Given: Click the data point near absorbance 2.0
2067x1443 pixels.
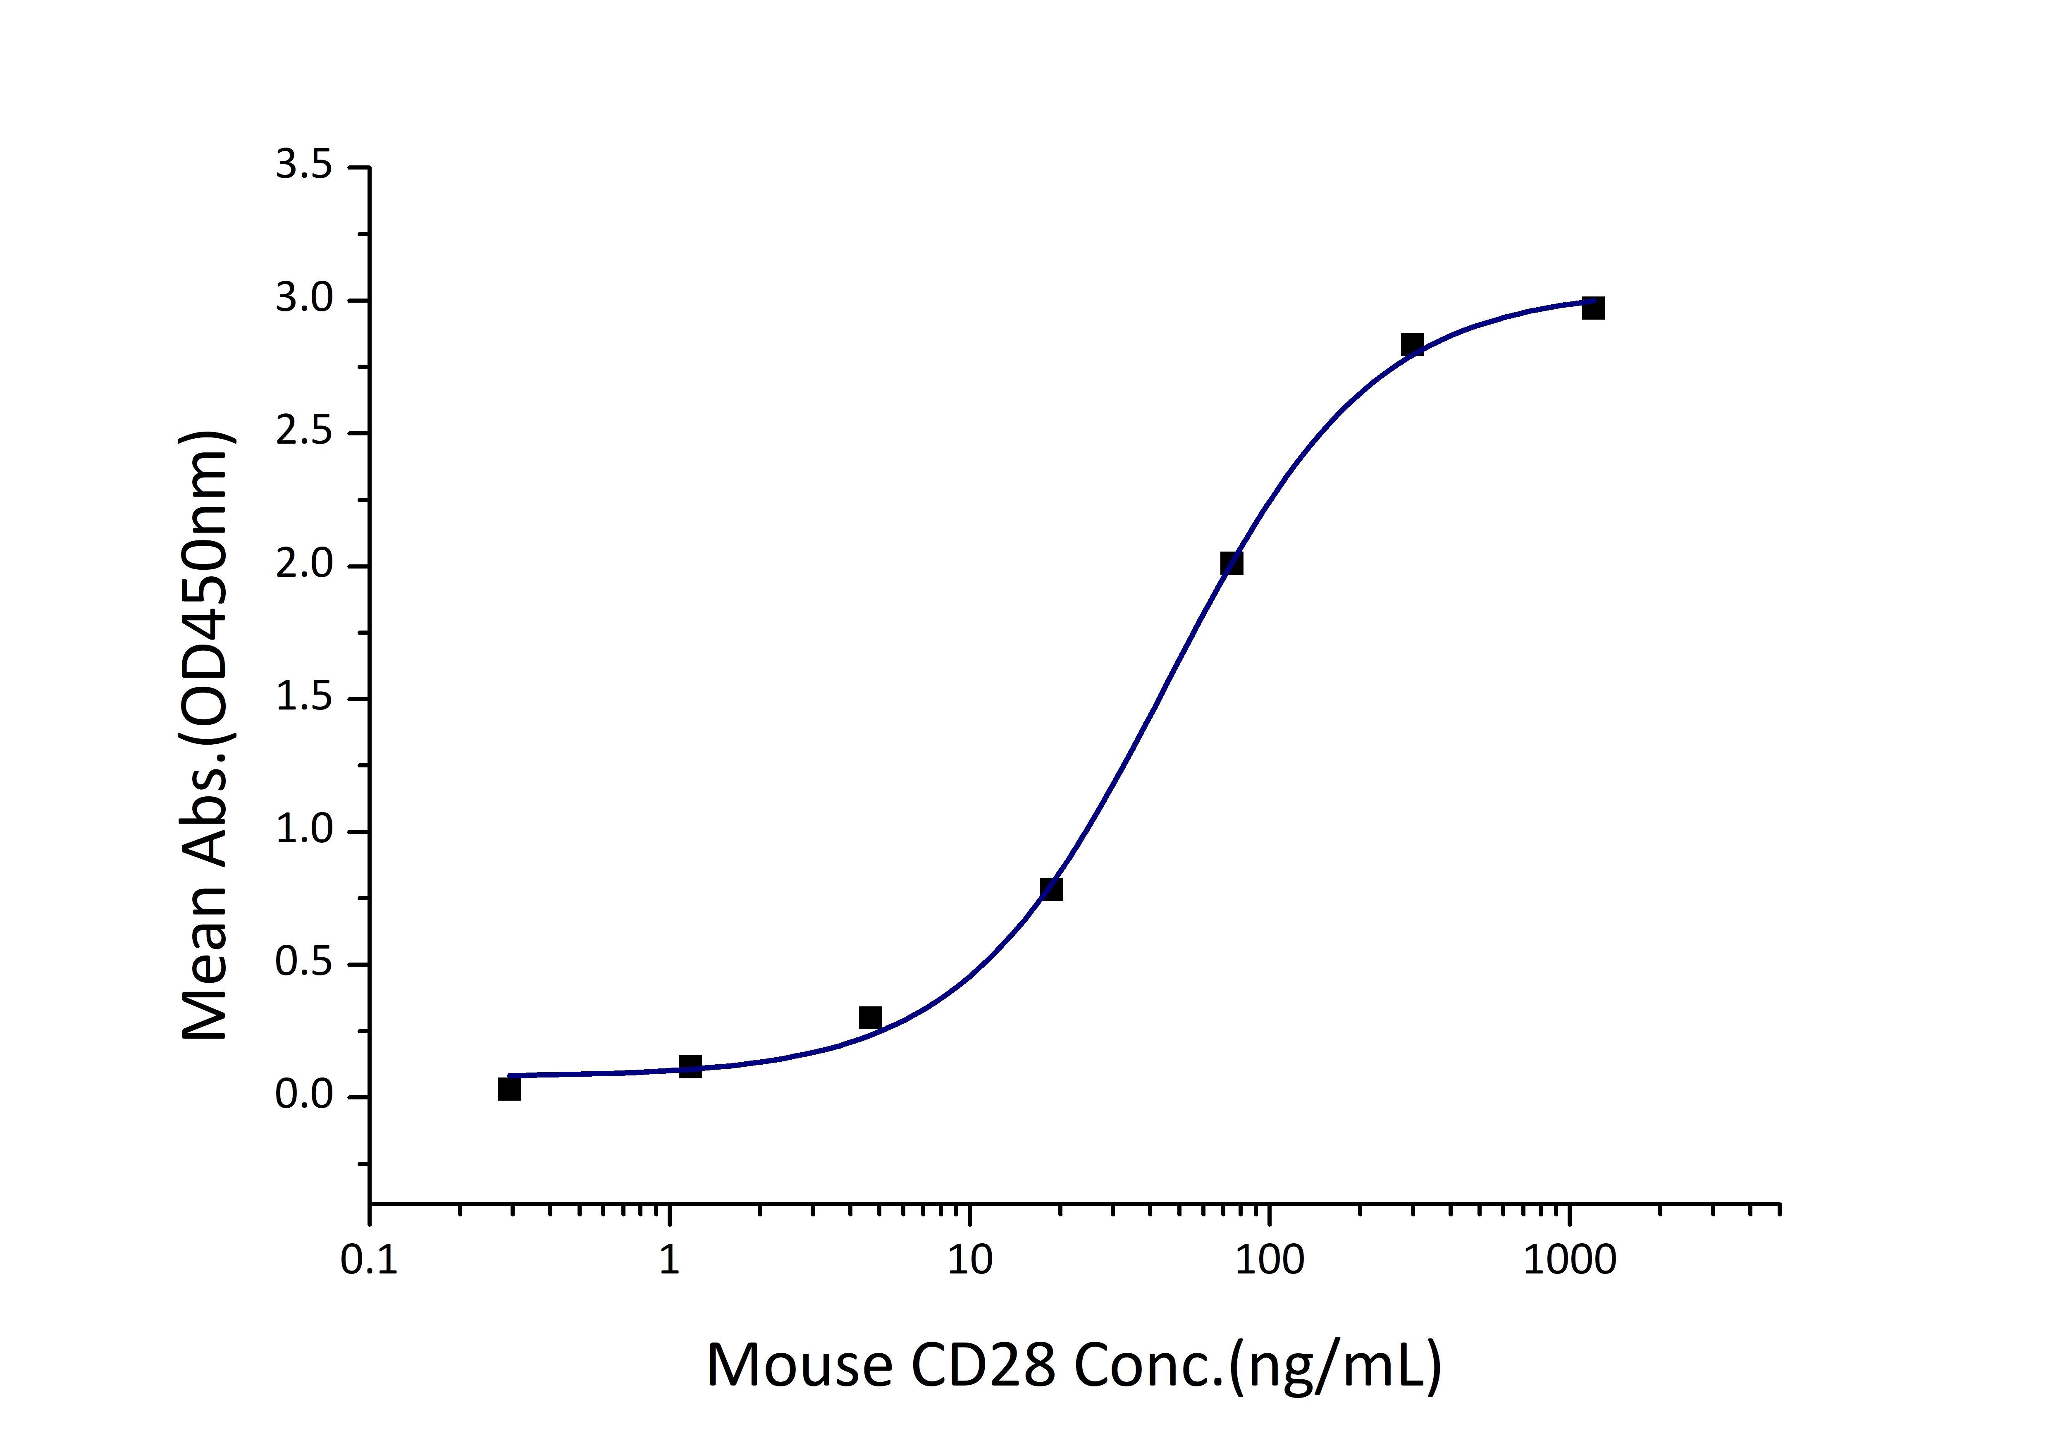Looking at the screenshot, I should tap(1232, 564).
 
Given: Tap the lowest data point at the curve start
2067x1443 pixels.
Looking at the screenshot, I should tap(510, 1089).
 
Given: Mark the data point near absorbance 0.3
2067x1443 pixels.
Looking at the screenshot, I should tap(870, 1018).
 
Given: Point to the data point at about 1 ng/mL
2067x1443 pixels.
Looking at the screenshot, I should tap(690, 1067).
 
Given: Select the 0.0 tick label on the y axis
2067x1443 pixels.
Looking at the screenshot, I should tap(303, 1097).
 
